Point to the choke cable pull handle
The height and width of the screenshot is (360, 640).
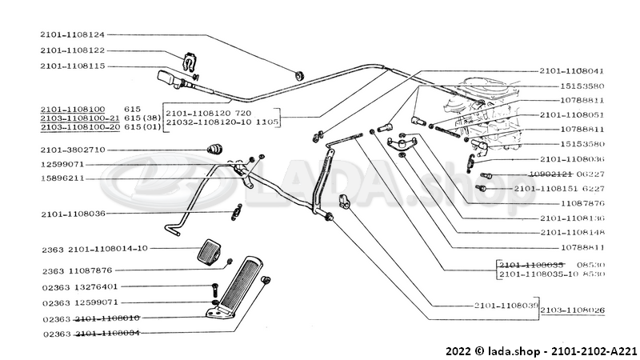pyautogui.click(x=170, y=78)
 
